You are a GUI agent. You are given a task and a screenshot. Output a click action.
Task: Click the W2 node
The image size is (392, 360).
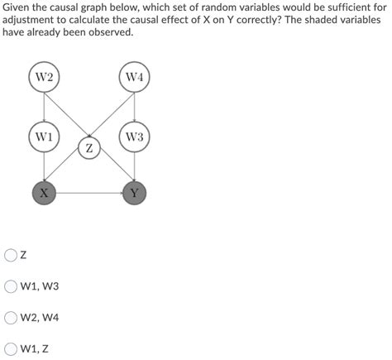click(45, 79)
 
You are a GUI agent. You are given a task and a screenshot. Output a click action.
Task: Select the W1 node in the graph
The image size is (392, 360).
click(45, 137)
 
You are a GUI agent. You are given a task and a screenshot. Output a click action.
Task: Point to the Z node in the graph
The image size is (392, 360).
click(90, 149)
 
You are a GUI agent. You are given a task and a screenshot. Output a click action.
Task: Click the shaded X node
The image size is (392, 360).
click(45, 194)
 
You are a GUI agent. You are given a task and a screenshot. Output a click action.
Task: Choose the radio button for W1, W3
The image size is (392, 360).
click(12, 286)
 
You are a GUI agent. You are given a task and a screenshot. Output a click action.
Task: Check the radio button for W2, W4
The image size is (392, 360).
click(12, 318)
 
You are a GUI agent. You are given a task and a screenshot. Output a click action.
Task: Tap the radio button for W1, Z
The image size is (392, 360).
click(12, 348)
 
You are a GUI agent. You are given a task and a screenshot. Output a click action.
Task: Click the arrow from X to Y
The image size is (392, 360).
click(90, 194)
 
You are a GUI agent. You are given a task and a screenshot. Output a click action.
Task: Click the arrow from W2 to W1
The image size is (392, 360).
click(45, 108)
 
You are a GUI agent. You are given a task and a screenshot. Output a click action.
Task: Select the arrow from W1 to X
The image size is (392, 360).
click(45, 166)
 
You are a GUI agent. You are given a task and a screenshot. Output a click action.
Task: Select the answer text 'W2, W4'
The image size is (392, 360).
click(41, 318)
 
